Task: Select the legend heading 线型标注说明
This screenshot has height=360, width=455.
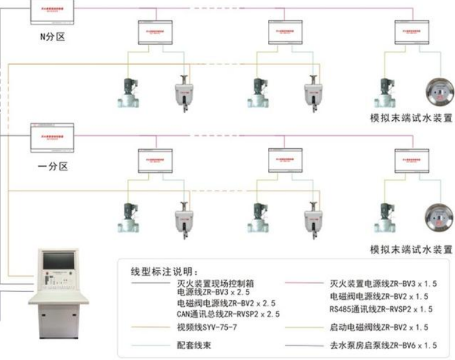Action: (168, 271)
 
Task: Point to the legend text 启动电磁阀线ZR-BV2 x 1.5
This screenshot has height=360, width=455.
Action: (379, 328)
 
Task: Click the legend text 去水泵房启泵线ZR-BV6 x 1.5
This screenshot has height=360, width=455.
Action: (383, 346)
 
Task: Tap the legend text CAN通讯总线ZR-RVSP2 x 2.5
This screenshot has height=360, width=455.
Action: (230, 313)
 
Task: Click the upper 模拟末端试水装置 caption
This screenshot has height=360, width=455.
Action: (410, 118)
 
